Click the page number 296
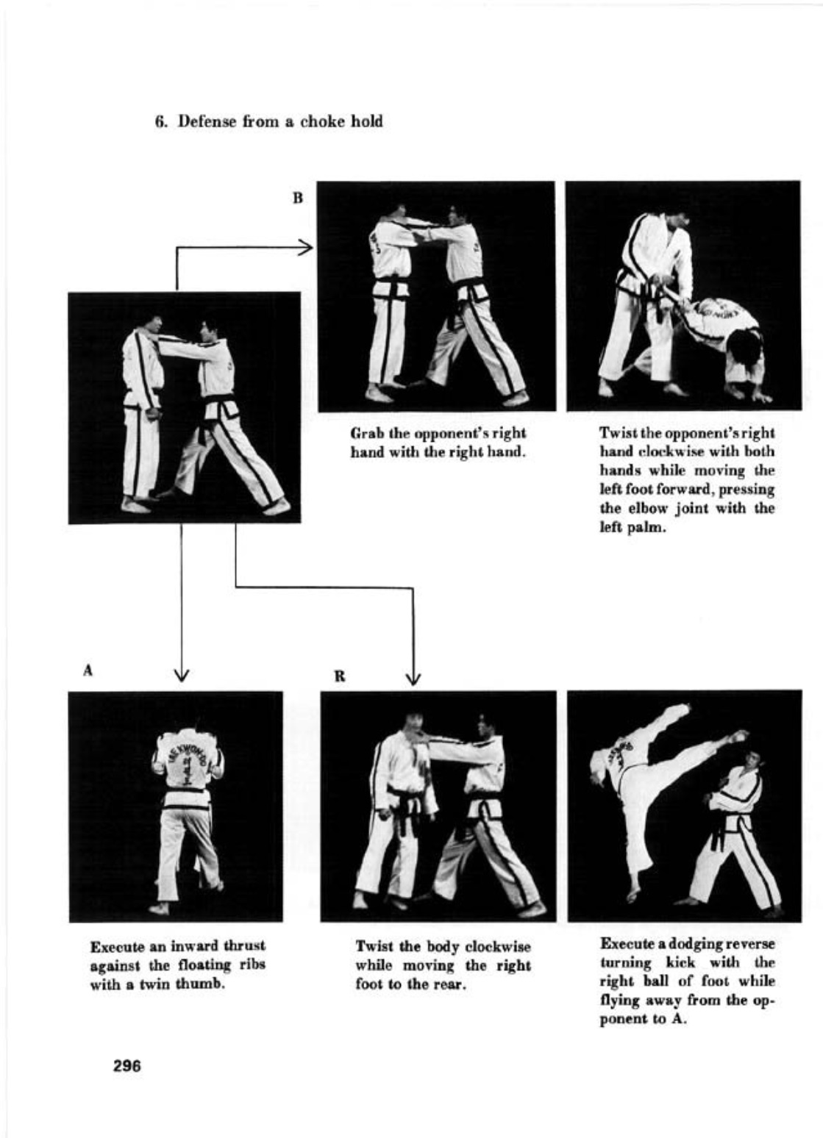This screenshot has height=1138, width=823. (x=127, y=1066)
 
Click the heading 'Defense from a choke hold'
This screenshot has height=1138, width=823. (x=279, y=121)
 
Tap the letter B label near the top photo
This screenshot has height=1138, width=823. (x=298, y=198)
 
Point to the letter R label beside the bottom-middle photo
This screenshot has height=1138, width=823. (x=339, y=676)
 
